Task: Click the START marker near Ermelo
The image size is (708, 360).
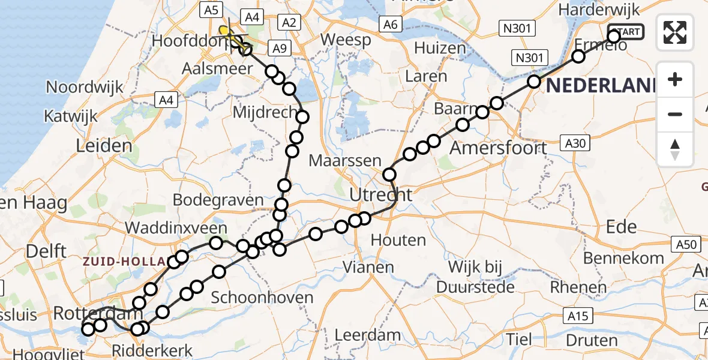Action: pos(626,32)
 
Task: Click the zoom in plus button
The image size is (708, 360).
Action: pos(675,79)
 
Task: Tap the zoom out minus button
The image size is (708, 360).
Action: pos(675,114)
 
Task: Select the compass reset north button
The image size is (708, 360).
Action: pos(675,149)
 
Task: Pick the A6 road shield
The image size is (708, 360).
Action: pos(390,25)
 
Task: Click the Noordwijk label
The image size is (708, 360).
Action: pos(85,87)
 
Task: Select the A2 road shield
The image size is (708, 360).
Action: pos(289,23)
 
